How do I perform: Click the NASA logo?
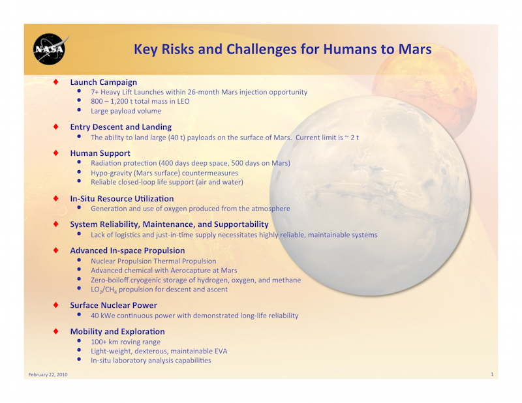[50, 49]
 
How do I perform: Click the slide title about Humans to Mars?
[283, 50]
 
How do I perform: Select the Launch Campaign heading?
[104, 82]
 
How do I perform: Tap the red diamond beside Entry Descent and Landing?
[56, 127]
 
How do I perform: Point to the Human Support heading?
[100, 153]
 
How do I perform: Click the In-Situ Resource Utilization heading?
[122, 199]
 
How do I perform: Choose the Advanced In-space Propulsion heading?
[127, 250]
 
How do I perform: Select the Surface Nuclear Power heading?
[114, 305]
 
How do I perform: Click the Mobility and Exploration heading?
[117, 331]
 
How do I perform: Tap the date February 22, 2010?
[48, 374]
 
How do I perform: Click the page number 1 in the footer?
[492, 374]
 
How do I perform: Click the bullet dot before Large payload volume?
[79, 110]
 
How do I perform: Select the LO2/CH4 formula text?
[104, 290]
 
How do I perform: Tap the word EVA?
[221, 351]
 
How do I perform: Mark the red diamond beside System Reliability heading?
[56, 224]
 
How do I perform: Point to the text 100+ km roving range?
[125, 342]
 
